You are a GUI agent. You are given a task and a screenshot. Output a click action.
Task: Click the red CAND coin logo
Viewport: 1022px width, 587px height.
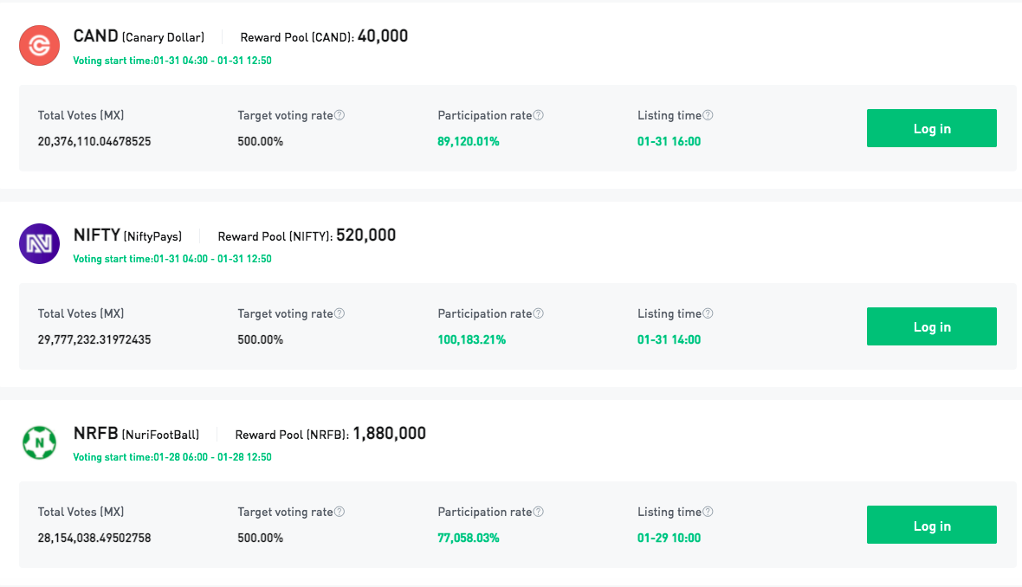39,46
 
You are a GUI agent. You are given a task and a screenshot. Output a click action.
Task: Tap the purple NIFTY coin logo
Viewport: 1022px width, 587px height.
39,243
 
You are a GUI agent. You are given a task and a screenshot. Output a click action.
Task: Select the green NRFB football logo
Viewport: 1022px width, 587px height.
39,442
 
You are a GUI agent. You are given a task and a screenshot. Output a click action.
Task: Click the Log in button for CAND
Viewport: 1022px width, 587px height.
931,128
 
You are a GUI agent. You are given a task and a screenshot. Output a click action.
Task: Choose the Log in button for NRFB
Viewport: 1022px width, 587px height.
931,526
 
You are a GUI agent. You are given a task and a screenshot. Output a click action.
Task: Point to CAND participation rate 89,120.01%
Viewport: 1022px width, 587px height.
468,141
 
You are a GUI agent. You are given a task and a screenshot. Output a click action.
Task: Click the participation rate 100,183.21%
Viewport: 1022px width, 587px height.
471,339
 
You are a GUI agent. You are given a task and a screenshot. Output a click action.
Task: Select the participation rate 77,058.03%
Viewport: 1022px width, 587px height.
468,539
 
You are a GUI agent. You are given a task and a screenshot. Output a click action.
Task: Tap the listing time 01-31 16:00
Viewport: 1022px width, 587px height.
669,141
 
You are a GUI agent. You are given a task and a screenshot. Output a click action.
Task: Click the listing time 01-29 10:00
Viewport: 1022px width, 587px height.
669,539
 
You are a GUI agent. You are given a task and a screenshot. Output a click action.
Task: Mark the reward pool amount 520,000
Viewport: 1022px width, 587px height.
365,235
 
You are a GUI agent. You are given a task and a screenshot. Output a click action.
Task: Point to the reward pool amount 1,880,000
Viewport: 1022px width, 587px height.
389,434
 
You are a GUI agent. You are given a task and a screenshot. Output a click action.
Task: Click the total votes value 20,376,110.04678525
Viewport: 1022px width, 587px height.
94,141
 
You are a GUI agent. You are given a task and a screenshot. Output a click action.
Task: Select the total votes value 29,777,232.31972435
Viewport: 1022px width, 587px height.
94,339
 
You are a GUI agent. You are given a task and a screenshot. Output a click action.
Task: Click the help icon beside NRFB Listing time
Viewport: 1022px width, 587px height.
708,512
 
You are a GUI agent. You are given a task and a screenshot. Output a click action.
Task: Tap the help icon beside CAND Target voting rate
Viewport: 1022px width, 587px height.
340,115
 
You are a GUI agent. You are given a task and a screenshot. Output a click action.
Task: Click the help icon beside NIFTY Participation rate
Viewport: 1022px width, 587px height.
539,313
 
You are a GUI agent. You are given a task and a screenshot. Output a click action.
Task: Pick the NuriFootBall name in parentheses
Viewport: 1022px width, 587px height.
160,435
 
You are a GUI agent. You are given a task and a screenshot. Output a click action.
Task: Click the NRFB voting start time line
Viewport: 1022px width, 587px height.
172,457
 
